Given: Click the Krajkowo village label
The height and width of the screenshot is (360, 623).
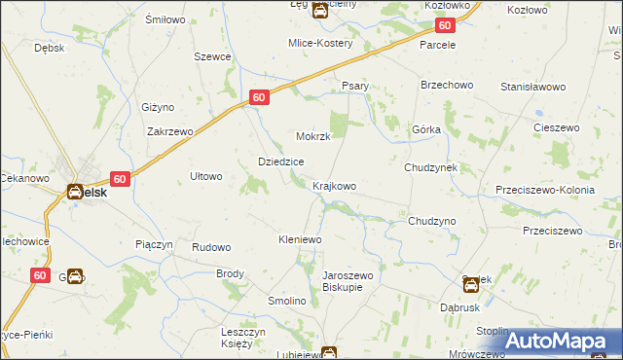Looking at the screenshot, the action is click(333, 186).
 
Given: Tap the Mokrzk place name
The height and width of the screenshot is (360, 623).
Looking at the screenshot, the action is click(313, 137).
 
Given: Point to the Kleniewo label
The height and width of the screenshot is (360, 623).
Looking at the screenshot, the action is click(301, 238).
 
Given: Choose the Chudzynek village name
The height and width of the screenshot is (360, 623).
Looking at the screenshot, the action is click(431, 167).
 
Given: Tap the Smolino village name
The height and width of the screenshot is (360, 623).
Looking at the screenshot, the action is click(287, 302).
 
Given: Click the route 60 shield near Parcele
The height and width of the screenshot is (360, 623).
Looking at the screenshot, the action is click(445, 26).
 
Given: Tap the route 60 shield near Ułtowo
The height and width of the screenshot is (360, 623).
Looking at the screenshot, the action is click(120, 179).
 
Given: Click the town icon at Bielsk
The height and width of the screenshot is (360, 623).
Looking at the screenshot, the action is click(75, 192).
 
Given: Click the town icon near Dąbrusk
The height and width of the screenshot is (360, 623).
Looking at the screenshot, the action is click(471, 283).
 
